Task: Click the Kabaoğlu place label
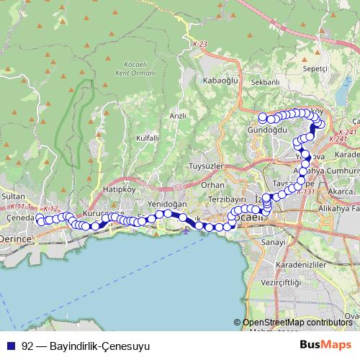220,80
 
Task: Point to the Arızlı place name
177,115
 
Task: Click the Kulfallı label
147,137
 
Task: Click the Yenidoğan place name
162,204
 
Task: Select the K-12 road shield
50,209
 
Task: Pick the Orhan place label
213,184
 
